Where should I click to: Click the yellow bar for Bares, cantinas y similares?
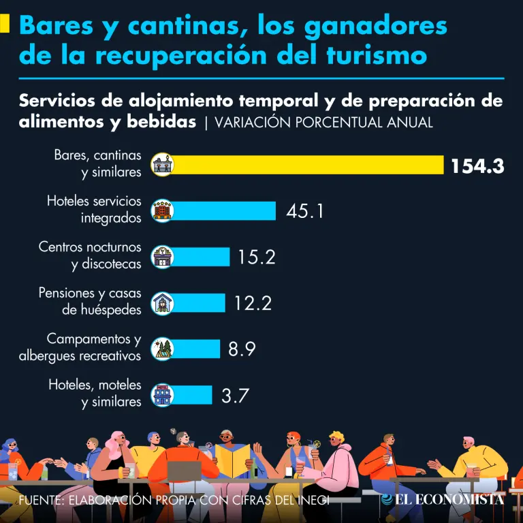[306, 165]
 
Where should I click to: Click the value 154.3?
[477, 165]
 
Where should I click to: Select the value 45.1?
[304, 211]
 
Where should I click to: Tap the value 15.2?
[256, 257]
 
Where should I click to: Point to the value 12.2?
[253, 302]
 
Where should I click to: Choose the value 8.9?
[242, 349]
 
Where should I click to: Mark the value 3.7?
[235, 395]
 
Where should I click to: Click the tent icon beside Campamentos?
[163, 349]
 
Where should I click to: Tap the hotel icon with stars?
[163, 210]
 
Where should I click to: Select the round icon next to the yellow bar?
[163, 165]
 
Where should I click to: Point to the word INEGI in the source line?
[311, 501]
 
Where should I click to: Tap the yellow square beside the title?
[4, 25]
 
